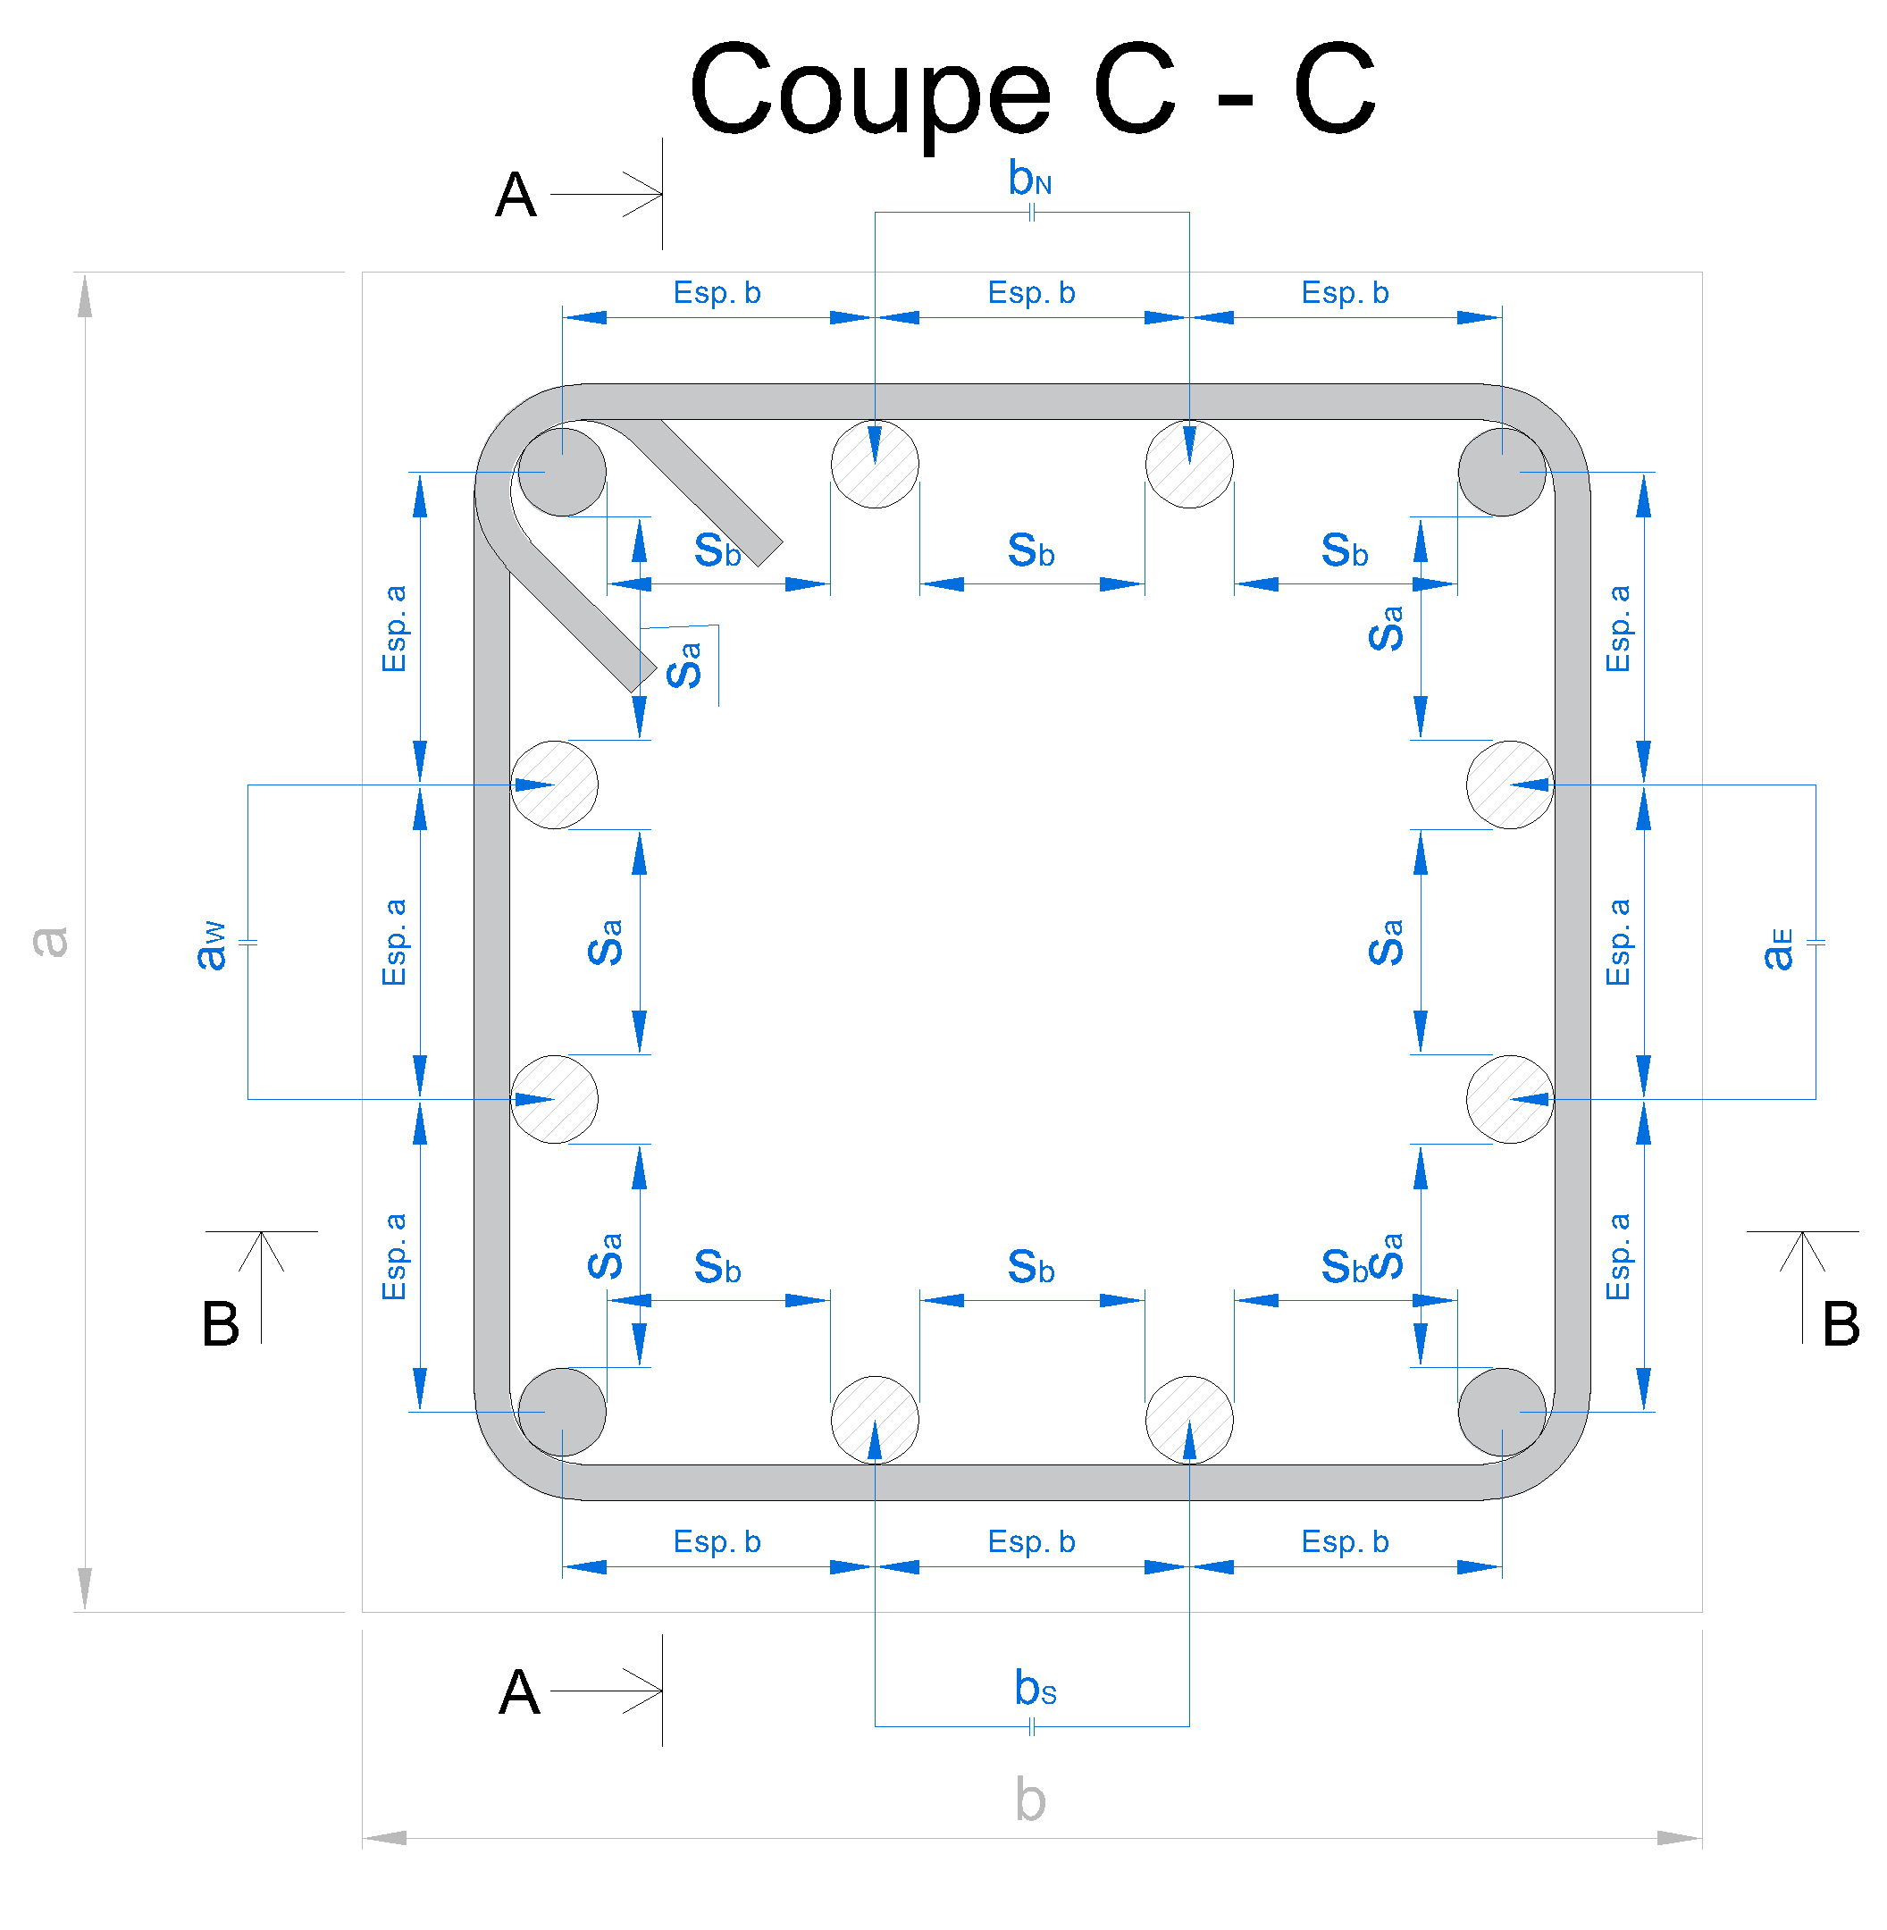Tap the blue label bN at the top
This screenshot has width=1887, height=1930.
(1030, 179)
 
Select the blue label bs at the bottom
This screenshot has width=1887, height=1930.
(1035, 1689)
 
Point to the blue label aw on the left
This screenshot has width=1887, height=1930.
(211, 944)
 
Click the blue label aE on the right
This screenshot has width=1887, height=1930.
(1778, 949)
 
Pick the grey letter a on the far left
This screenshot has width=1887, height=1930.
(49, 942)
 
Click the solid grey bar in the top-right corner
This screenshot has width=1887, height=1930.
(1503, 472)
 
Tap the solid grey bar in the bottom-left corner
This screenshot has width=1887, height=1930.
(562, 1412)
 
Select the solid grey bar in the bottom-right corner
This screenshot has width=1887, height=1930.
(1503, 1412)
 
